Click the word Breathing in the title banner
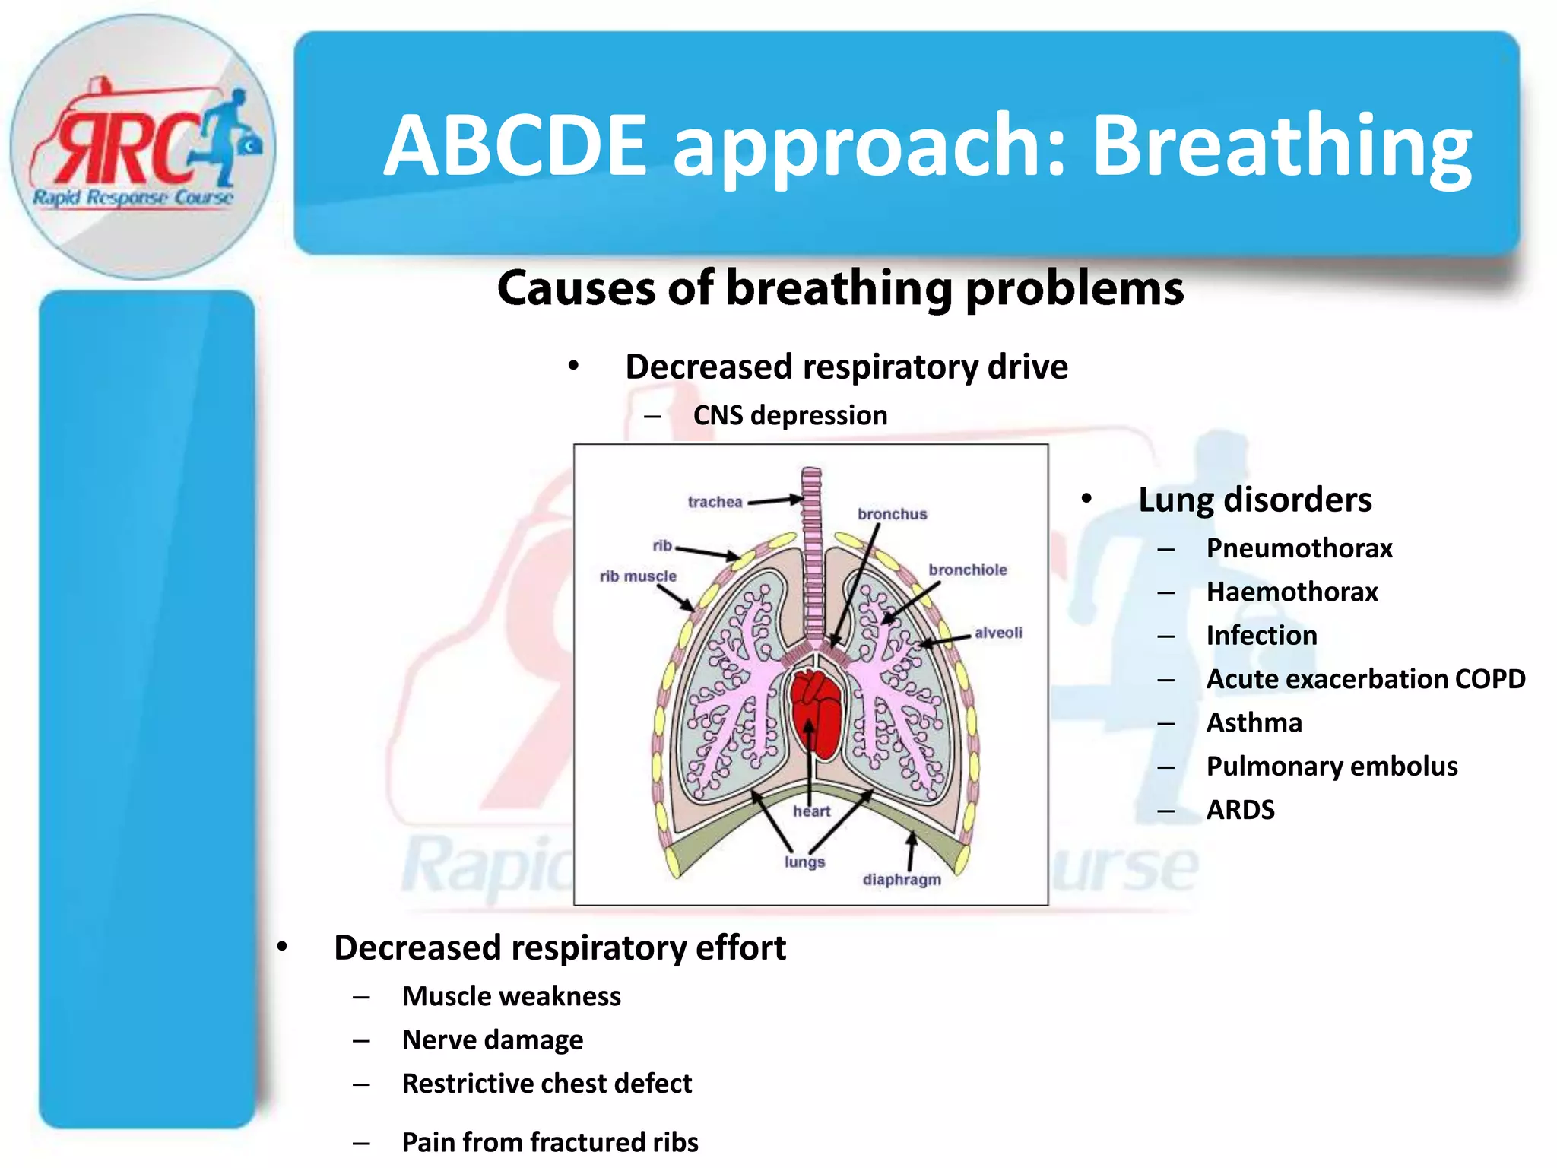1282,146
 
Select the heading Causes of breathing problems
840,289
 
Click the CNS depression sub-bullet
790,416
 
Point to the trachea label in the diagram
715,502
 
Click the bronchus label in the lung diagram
892,514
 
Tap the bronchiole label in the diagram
967,570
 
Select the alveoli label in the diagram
998,633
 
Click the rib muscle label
638,576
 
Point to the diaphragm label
902,880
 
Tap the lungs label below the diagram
804,862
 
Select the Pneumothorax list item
1299,548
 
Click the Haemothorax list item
1292,592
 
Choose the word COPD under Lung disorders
1489,679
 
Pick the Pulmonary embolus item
1332,766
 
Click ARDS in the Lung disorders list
1240,810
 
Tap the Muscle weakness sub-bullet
511,996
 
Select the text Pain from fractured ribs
550,1142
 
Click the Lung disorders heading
1254,500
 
